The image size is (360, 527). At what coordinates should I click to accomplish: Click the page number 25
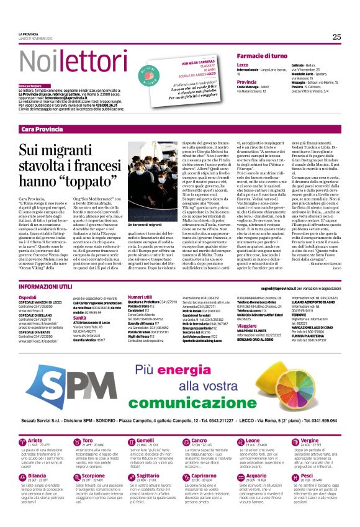click(336, 37)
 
